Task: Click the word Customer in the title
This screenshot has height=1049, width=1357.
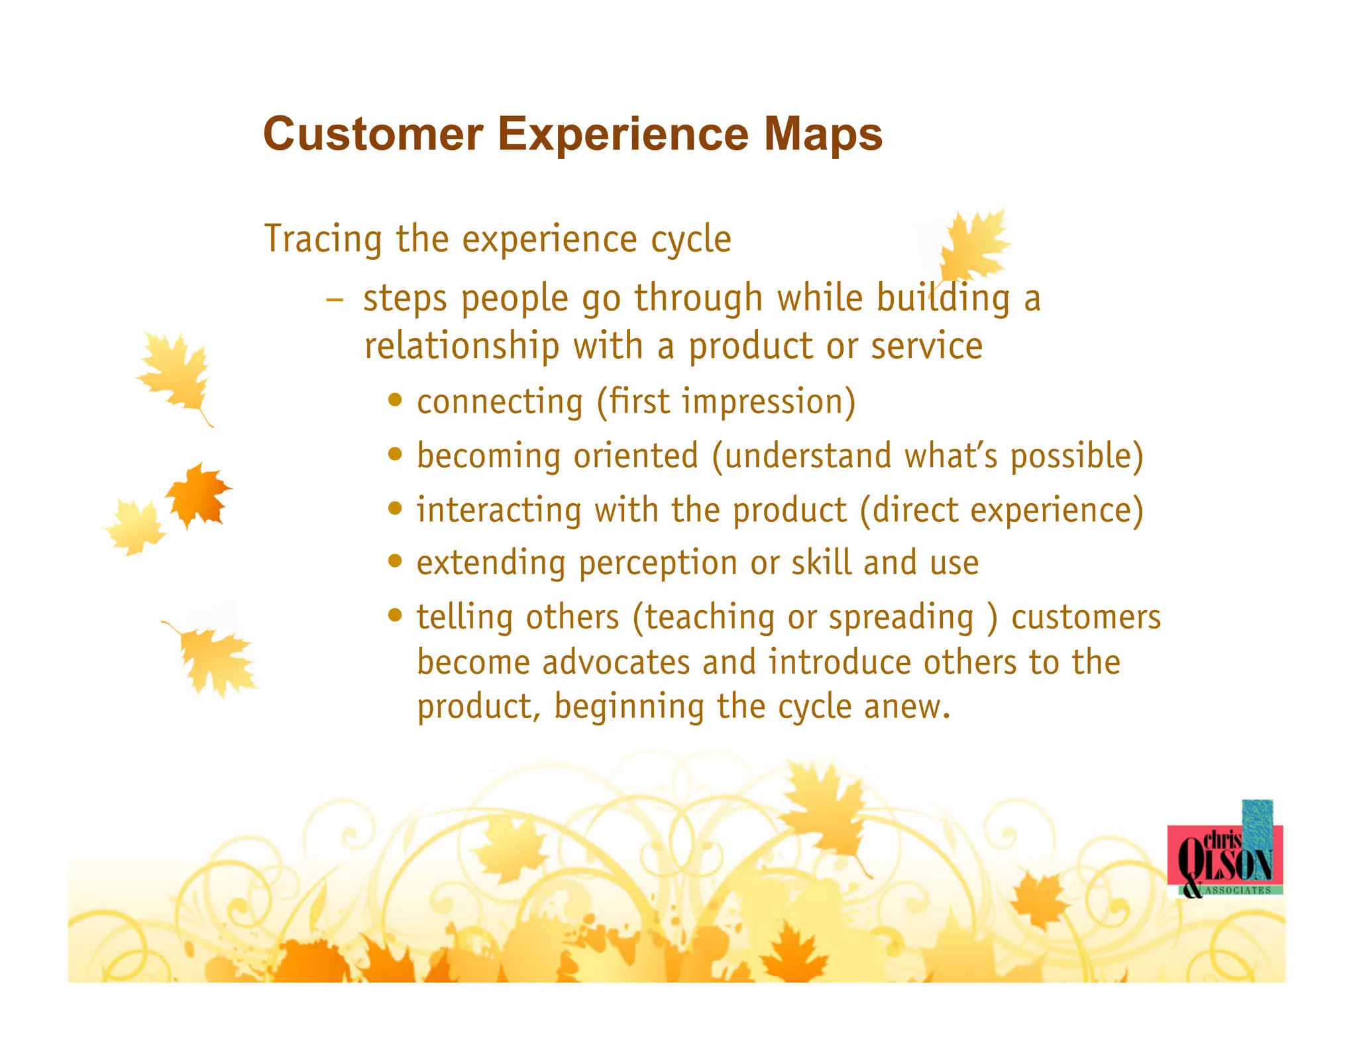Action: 373,134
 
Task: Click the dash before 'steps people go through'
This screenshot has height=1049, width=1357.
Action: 335,300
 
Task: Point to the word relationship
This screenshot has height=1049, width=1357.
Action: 462,346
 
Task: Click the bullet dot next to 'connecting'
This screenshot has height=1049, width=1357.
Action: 396,400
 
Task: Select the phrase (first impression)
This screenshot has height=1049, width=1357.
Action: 726,402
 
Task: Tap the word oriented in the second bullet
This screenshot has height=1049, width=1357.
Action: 635,456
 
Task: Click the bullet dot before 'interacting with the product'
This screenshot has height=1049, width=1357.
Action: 396,509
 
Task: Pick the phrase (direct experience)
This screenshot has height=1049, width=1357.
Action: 1001,511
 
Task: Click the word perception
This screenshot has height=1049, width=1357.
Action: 657,564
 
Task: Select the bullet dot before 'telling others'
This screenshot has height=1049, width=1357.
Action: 396,615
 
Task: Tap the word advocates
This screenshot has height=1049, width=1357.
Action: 616,662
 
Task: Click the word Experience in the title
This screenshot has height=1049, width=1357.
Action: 623,134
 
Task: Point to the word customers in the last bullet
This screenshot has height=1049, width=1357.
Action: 1085,617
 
